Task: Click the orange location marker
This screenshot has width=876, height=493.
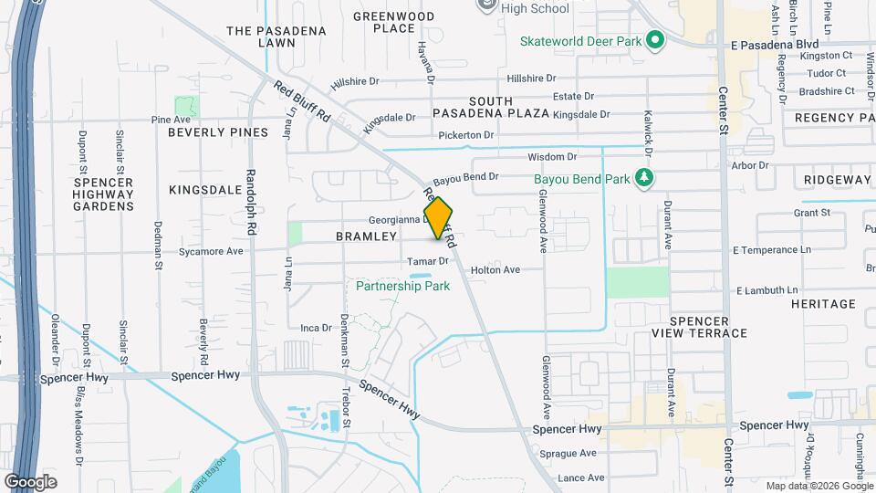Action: point(438,218)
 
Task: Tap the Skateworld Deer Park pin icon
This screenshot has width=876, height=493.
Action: point(654,40)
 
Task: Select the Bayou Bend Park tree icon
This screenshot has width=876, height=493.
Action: point(645,177)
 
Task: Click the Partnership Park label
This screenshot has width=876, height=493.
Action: point(403,286)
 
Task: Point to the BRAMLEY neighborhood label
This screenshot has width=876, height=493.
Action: point(367,236)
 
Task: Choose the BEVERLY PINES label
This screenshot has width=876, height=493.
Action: point(218,132)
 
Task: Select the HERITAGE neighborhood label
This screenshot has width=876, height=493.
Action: point(824,303)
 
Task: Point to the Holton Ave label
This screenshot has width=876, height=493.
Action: point(495,270)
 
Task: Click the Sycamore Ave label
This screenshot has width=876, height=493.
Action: point(211,251)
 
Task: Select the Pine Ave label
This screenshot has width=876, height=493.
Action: point(171,120)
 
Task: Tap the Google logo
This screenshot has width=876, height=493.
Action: point(30,481)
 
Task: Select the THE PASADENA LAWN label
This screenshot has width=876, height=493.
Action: point(276,37)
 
